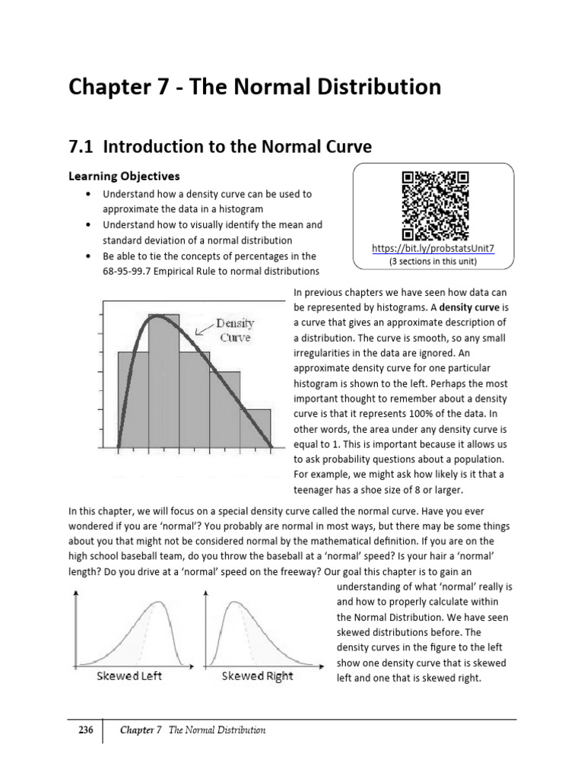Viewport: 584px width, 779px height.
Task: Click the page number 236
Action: click(x=86, y=730)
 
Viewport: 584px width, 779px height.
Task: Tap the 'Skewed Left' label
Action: click(x=129, y=676)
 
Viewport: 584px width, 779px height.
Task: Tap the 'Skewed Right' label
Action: click(x=257, y=676)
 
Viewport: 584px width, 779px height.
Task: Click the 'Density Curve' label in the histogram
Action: click(x=235, y=330)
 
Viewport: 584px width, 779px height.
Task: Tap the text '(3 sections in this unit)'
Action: click(x=435, y=261)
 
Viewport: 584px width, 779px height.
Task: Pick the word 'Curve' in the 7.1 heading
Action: click(x=346, y=147)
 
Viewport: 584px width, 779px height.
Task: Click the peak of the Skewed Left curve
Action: click(x=159, y=603)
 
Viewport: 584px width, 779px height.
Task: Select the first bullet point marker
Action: click(x=90, y=194)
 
